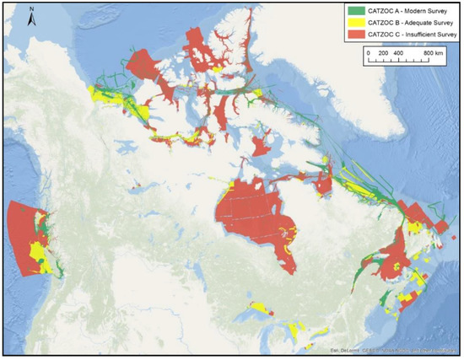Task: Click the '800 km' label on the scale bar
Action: point(434,52)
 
